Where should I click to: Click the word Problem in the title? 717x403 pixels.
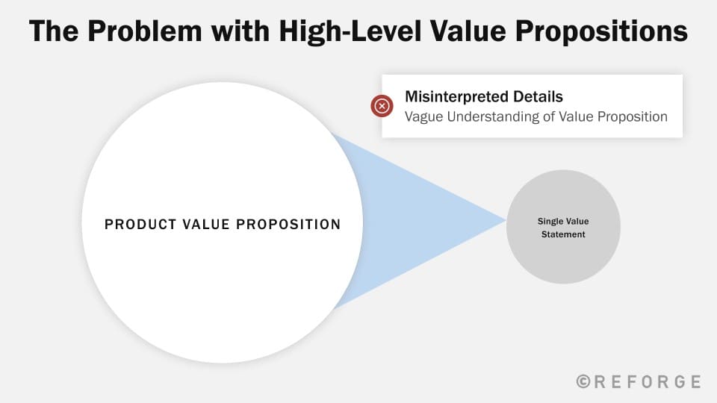pyautogui.click(x=144, y=31)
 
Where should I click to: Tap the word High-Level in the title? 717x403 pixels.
pyautogui.click(x=350, y=32)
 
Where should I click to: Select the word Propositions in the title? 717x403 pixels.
pyautogui.click(x=601, y=32)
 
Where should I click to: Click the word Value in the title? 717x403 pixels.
pyautogui.click(x=468, y=31)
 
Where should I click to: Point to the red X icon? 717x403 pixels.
pyautogui.click(x=382, y=106)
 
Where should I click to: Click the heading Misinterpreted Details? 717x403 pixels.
pyautogui.click(x=484, y=97)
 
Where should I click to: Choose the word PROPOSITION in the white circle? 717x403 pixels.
pyautogui.click(x=288, y=225)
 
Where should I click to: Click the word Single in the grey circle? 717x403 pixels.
pyautogui.click(x=550, y=222)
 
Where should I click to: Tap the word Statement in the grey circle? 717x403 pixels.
pyautogui.click(x=563, y=234)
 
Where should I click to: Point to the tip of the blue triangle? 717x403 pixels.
pyautogui.click(x=506, y=221)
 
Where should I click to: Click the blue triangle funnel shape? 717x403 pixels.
pyautogui.click(x=412, y=221)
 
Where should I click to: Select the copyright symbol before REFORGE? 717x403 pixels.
pyautogui.click(x=583, y=381)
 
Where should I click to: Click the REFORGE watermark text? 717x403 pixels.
pyautogui.click(x=639, y=381)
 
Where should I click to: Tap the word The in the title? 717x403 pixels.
pyautogui.click(x=54, y=31)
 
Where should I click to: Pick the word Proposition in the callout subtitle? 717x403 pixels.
pyautogui.click(x=633, y=117)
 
